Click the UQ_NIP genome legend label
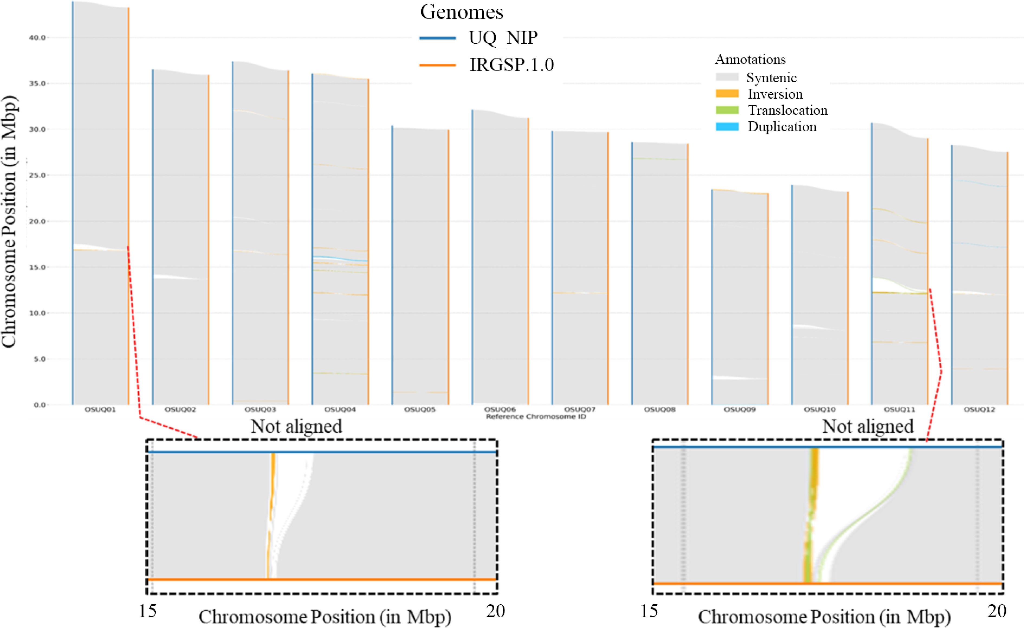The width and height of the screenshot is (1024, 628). click(503, 38)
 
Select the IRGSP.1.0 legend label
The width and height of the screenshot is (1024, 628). click(511, 65)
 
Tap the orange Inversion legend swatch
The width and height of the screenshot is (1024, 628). click(727, 94)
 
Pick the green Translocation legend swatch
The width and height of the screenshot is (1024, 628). click(727, 110)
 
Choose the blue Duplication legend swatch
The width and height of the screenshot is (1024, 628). click(727, 126)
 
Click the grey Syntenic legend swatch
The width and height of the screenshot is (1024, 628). click(727, 77)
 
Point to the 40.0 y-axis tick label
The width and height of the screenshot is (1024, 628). click(37, 38)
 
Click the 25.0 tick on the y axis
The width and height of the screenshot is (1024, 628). click(37, 175)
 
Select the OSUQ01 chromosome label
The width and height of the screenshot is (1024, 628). click(100, 409)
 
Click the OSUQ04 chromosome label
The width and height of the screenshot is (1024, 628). click(340, 409)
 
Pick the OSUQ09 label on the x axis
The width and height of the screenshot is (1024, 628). click(740, 409)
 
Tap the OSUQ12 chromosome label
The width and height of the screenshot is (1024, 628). click(980, 409)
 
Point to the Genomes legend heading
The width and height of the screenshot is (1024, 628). click(461, 12)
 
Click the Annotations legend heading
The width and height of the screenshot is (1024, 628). click(750, 59)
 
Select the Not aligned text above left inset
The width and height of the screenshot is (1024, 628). click(296, 426)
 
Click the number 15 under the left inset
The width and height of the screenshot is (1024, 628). click(148, 611)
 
